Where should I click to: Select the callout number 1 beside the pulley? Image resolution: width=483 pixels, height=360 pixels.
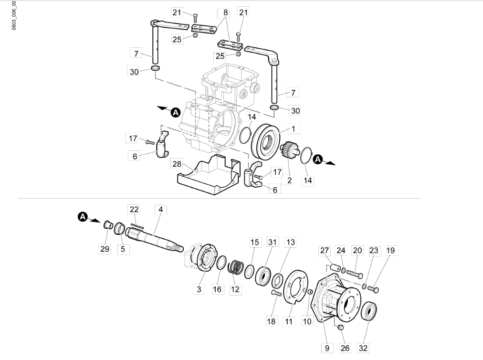[294, 129]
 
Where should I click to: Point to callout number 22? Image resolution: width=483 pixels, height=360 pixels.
[134, 209]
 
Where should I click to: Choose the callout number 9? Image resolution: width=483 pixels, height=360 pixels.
[327, 348]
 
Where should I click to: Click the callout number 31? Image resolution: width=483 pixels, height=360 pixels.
[272, 243]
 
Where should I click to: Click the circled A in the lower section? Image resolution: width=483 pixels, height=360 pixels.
[82, 218]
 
